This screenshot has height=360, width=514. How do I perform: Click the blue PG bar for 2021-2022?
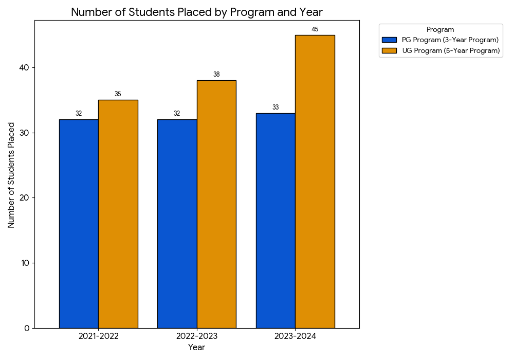pos(79,224)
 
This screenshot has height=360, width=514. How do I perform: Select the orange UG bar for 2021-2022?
pos(118,214)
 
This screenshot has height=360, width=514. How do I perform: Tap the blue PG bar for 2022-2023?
pos(177,224)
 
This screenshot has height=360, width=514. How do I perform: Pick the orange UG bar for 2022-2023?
pos(216,204)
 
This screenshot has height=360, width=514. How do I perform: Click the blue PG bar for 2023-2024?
pos(276,221)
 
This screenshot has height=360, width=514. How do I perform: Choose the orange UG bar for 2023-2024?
pos(315,182)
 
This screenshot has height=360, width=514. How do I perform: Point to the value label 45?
pos(315,29)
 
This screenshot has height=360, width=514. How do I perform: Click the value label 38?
pos(216,75)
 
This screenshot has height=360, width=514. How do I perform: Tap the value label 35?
pos(118,94)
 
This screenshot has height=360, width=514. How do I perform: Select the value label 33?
pos(276,107)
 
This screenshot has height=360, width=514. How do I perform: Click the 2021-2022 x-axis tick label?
pos(98,336)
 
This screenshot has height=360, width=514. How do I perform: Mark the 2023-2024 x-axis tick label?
pos(295,336)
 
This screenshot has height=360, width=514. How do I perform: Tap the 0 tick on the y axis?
pos(26,328)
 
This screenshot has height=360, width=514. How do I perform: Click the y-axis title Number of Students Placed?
pos(11,175)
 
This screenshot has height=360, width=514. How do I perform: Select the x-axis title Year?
pos(196,348)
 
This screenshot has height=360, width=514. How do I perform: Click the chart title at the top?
pos(196,12)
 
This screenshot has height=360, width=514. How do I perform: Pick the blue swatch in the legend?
pos(390,40)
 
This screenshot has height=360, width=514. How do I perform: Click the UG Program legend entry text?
pos(450,50)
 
